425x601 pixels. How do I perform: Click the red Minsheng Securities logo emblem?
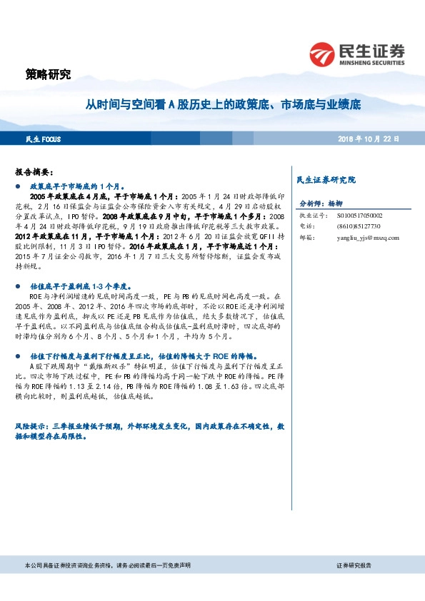pyautogui.click(x=322, y=54)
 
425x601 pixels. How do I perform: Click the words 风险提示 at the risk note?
pyautogui.click(x=29, y=426)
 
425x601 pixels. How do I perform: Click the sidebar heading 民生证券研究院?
pyautogui.click(x=326, y=180)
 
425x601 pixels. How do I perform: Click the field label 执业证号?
pyautogui.click(x=312, y=215)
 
